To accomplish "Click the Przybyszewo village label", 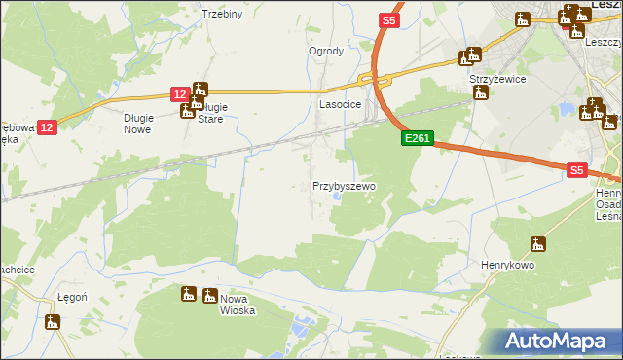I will point(344,185).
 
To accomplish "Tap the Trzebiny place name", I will point(221,14).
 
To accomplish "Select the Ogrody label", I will point(326,51).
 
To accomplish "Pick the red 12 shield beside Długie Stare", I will point(179,93).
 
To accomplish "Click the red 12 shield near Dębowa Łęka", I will point(50,126).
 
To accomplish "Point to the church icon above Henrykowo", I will point(538,243).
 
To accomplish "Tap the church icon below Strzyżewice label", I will point(479,94).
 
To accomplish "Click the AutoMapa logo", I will point(558,342).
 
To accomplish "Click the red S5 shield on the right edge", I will point(576,169).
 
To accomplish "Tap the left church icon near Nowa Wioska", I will point(188,294).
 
